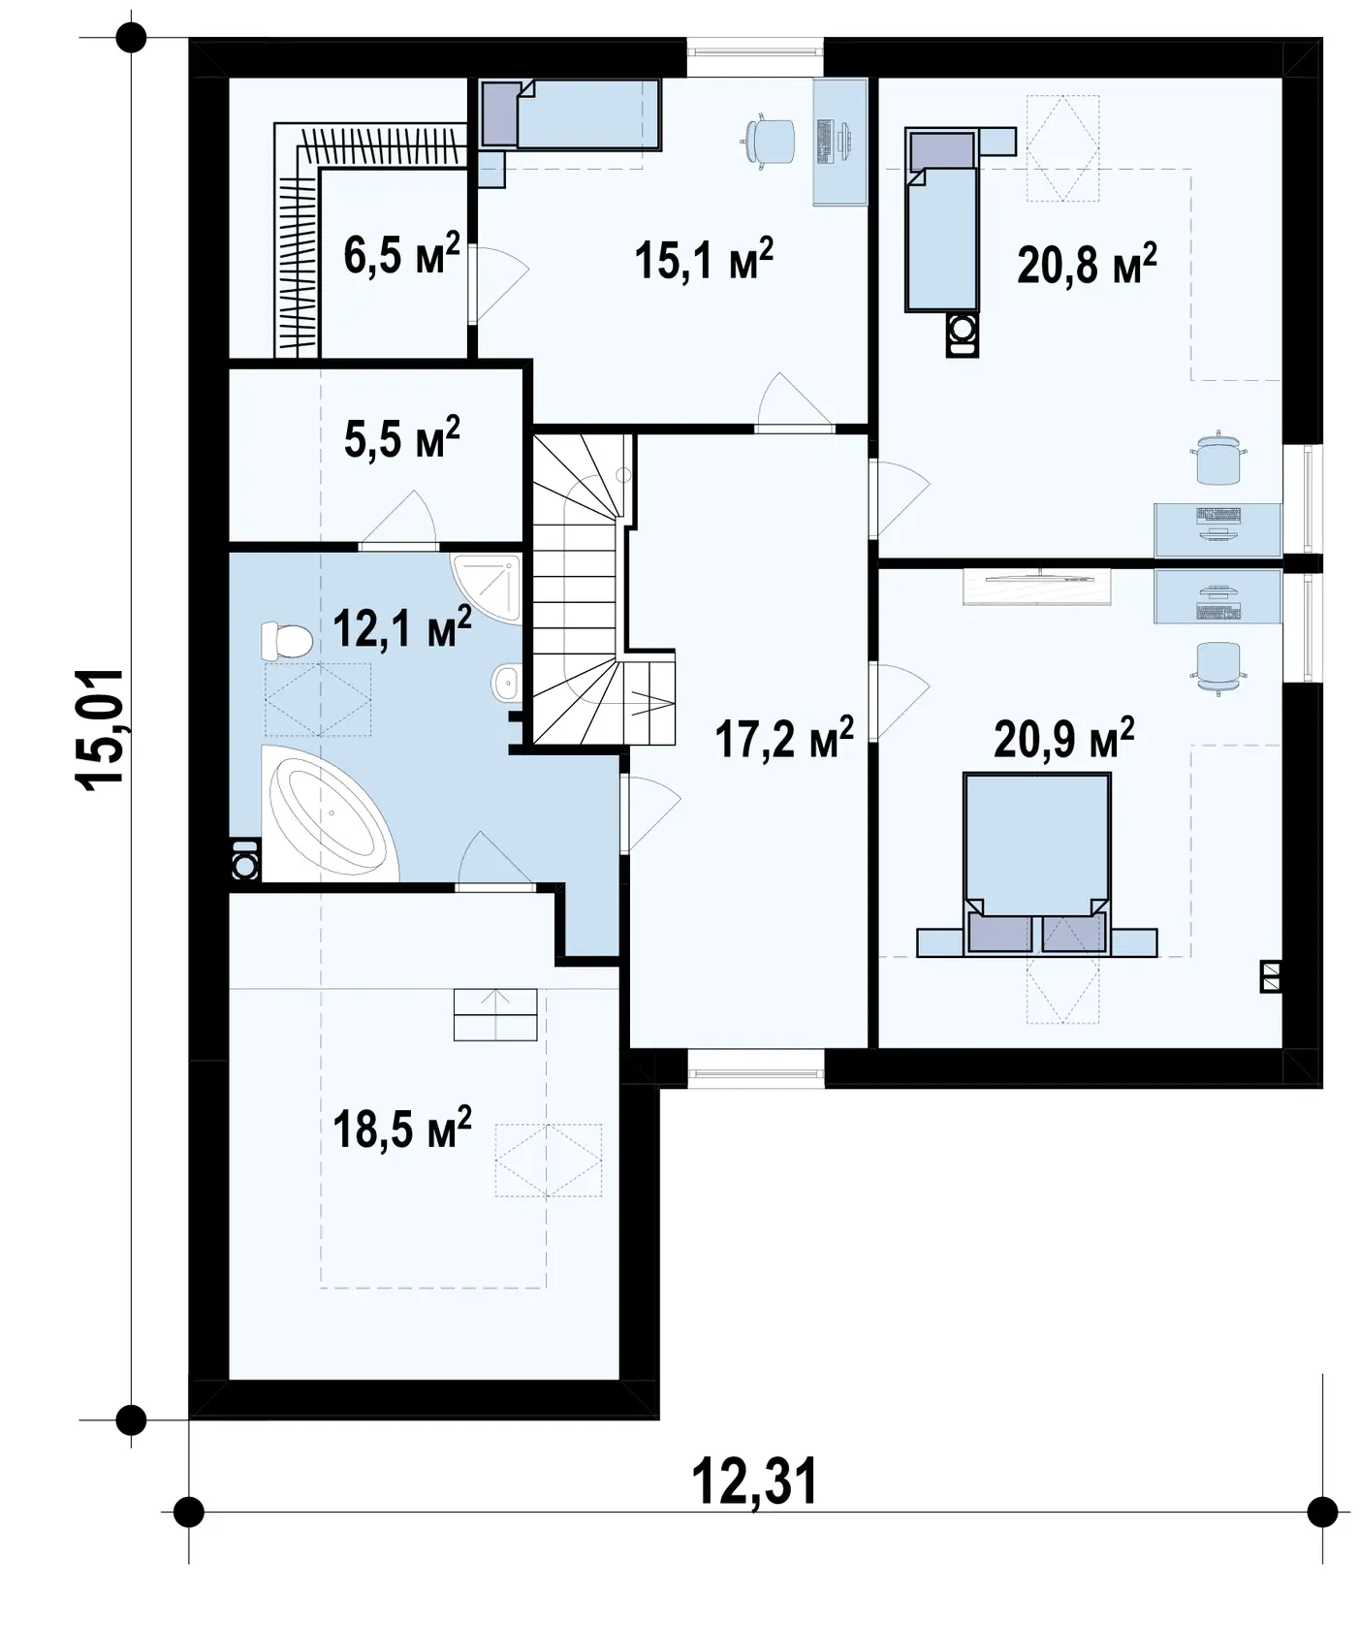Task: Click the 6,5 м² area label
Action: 401,255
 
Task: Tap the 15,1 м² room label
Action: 705,259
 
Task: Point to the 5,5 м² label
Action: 402,437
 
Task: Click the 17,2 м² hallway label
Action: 784,737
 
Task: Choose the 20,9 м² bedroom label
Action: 1064,739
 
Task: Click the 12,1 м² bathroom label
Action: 402,627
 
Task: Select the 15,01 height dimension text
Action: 101,729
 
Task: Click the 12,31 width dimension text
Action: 755,1481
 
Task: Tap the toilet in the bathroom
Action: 286,640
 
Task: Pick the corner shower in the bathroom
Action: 487,587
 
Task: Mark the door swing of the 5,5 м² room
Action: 398,519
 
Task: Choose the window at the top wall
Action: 756,56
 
